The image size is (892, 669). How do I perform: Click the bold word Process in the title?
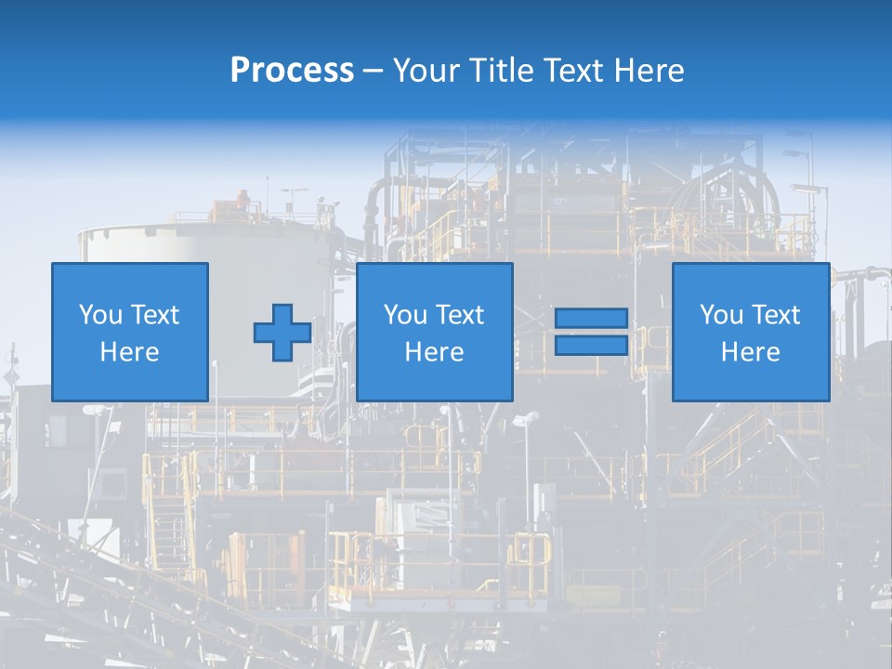(292, 71)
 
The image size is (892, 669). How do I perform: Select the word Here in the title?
(649, 71)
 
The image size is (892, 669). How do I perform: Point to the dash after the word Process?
(373, 72)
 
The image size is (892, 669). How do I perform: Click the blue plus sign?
(282, 333)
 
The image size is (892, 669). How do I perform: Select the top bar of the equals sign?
(592, 319)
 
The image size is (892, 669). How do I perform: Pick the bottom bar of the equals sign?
(592, 346)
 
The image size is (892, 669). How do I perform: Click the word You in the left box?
(98, 315)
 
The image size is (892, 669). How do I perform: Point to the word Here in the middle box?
(435, 352)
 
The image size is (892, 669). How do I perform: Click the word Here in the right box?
(751, 352)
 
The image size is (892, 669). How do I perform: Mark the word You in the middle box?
(404, 315)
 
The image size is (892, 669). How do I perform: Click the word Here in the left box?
(130, 352)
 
